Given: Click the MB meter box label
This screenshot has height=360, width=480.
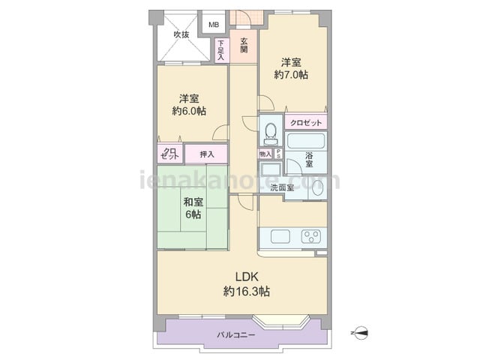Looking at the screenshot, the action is (214, 25).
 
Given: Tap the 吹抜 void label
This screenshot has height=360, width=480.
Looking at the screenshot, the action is (181, 34).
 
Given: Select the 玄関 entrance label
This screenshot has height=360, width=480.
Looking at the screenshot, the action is (244, 45).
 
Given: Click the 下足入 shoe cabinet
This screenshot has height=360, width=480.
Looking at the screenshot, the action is (221, 50).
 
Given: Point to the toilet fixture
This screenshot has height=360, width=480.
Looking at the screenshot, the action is (271, 133).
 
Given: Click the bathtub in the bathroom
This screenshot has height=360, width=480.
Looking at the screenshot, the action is (306, 140).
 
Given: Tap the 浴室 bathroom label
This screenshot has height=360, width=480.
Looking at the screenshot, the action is (309, 160).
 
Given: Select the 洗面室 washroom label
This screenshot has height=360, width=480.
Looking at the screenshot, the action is (282, 187).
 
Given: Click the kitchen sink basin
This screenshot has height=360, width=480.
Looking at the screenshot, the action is (280, 236).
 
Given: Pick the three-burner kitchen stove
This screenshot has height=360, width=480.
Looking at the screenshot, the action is (311, 236).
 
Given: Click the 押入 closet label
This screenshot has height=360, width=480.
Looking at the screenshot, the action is (207, 154).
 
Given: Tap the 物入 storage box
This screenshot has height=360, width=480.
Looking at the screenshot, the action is (265, 154).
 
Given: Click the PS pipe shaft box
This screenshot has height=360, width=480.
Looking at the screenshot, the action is (278, 154).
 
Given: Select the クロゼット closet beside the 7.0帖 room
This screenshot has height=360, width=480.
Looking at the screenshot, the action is (306, 123).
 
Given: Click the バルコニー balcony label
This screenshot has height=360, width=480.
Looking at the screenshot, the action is (236, 335).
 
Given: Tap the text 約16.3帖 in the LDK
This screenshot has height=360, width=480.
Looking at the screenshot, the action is (247, 292).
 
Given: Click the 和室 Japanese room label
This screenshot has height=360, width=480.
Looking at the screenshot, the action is (193, 202).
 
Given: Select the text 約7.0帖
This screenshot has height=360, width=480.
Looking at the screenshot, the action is (291, 75).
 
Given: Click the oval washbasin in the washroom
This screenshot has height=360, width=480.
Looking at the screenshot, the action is (318, 187).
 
